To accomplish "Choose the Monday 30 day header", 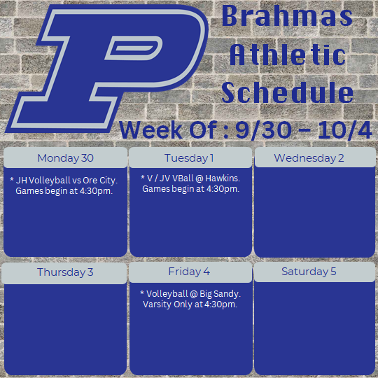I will [65, 157].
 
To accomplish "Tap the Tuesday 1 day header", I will [189, 157].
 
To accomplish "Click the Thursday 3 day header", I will [65, 272].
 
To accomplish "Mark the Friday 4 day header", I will [189, 272].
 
